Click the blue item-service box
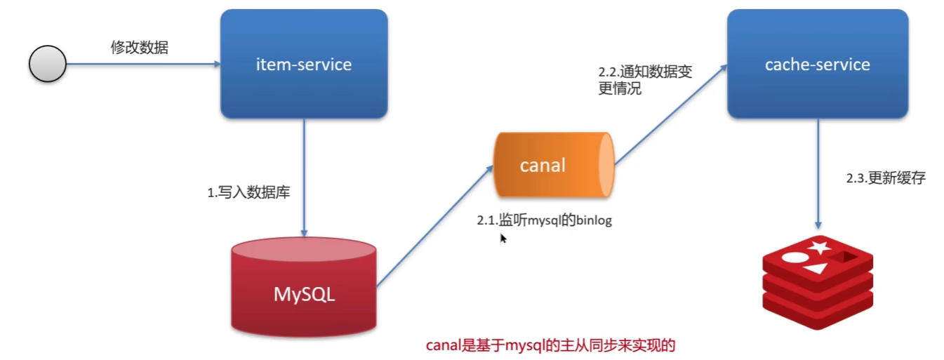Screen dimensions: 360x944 point(304,65)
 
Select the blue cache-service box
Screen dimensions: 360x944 point(817,65)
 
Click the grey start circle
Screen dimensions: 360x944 point(47,65)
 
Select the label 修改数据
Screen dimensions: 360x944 point(140,48)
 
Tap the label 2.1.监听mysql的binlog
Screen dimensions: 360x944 point(545,220)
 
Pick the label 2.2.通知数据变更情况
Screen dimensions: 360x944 point(644,81)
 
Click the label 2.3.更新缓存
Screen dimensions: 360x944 point(886,178)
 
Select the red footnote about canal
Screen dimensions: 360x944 point(550,345)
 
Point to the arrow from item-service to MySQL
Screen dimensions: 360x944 point(304,175)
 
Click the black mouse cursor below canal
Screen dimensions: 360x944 point(503,238)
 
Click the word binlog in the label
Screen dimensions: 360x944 point(594,220)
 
